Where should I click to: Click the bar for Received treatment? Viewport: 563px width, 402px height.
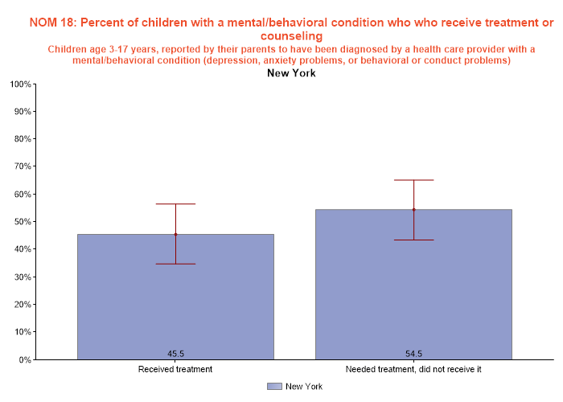(x=175, y=297)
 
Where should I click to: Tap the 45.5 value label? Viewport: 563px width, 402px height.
(x=175, y=352)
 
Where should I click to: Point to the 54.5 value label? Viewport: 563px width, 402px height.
(x=413, y=352)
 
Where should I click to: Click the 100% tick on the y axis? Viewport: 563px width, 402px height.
(x=19, y=84)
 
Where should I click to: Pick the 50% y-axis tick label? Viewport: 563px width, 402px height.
(x=22, y=222)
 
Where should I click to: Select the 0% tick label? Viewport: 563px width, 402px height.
(x=24, y=359)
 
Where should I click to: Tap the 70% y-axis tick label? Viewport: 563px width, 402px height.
(x=22, y=166)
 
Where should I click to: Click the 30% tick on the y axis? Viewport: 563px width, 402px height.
(x=22, y=277)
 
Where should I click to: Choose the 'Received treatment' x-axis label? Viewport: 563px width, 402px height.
(x=175, y=369)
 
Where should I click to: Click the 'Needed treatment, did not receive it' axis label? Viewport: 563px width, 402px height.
(x=413, y=369)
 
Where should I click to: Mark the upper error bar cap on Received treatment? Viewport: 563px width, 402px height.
(x=175, y=204)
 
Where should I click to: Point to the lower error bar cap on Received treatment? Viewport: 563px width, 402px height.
(x=175, y=264)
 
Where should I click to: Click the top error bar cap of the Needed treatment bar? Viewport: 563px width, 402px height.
(x=413, y=180)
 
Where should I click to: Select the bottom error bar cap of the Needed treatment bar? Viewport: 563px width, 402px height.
(x=413, y=240)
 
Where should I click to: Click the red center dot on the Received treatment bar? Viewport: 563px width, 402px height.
(x=175, y=235)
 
